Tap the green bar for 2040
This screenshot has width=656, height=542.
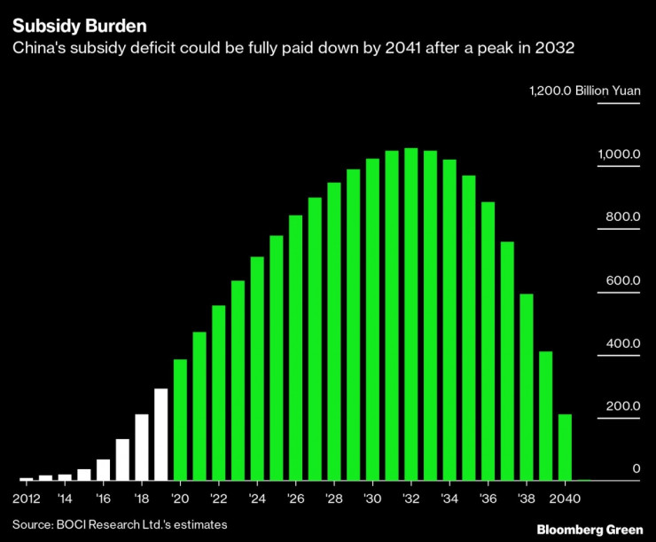[x=565, y=447]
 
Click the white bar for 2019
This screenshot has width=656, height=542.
[x=160, y=435]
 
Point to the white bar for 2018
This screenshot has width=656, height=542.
[x=142, y=447]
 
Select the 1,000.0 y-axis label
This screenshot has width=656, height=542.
[x=619, y=153]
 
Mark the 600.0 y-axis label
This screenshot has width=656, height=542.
[x=623, y=280]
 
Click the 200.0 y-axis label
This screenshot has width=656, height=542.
[x=623, y=406]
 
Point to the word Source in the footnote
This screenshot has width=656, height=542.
[x=29, y=525]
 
